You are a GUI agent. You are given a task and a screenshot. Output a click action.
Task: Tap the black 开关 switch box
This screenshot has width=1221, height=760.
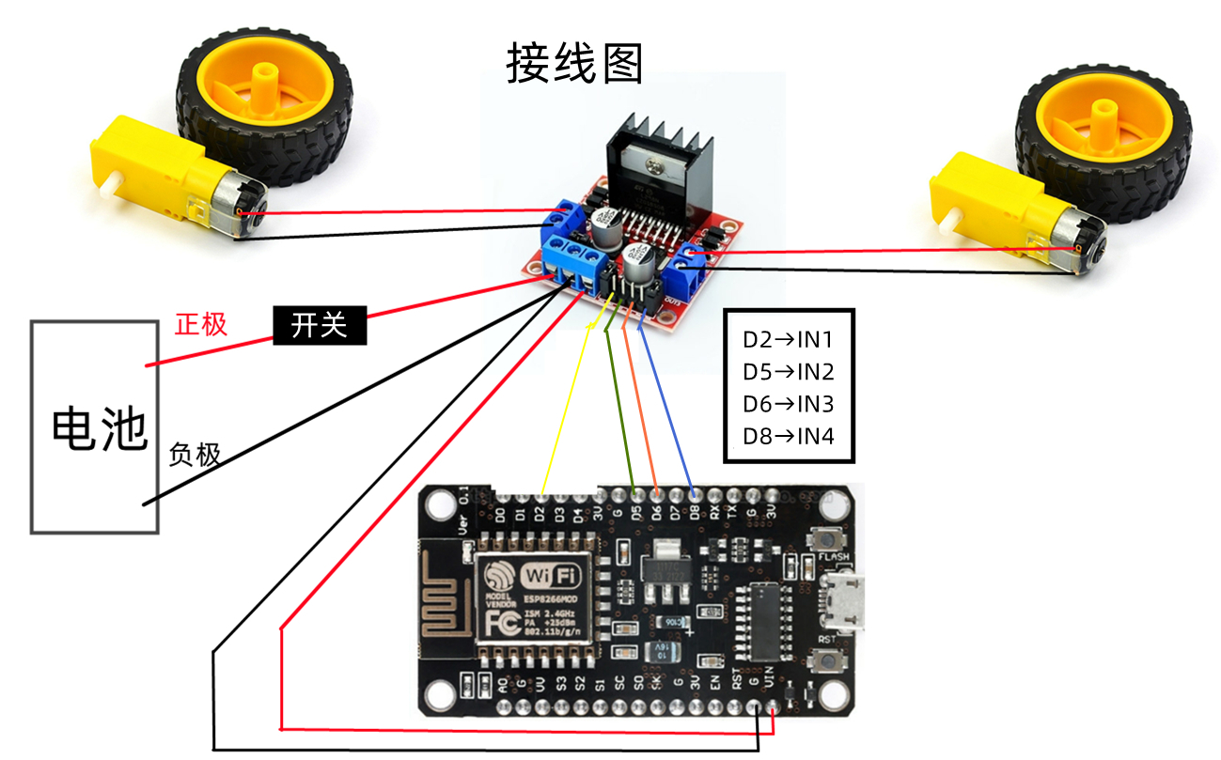[320, 325]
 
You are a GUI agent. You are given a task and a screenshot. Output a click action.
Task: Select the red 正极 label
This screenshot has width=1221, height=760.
[200, 325]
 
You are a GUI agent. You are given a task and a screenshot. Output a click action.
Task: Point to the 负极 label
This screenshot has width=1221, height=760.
[195, 455]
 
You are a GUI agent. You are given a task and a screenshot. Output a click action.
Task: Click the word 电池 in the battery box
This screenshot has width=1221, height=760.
[99, 430]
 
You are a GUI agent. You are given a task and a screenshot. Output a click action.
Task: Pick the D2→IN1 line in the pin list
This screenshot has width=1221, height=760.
[788, 340]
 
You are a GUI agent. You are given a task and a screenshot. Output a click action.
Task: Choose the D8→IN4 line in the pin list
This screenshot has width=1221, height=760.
[788, 436]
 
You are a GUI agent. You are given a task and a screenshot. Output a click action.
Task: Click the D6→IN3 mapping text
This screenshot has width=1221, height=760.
[788, 404]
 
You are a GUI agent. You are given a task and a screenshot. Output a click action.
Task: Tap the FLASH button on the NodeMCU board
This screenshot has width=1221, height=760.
[829, 540]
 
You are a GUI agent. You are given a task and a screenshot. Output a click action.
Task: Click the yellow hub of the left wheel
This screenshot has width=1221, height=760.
[264, 94]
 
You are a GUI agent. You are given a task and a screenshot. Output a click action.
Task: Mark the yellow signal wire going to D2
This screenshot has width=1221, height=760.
[567, 404]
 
